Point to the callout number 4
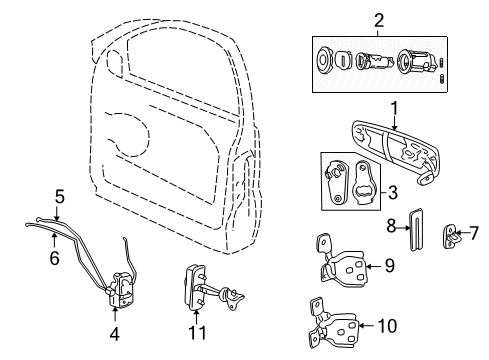coord(114,334)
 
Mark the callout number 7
coord(474,233)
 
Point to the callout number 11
coord(192,331)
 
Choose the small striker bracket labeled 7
coord(454,237)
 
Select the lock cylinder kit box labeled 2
coord(378,63)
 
